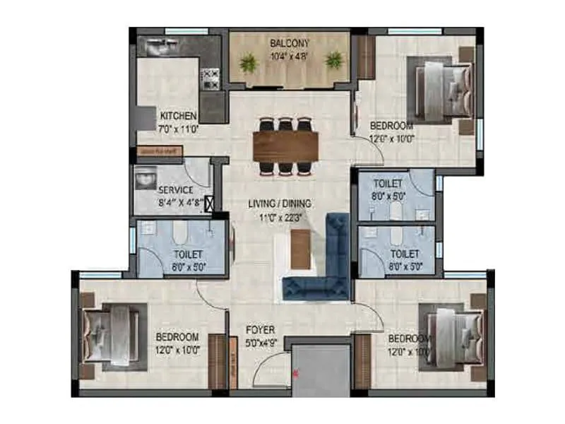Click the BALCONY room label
[x=290, y=43]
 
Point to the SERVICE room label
[x=176, y=190]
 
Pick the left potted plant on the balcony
[x=248, y=63]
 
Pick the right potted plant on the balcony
[x=333, y=61]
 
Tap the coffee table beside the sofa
[x=301, y=249]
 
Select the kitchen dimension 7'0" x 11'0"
[x=178, y=129]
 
